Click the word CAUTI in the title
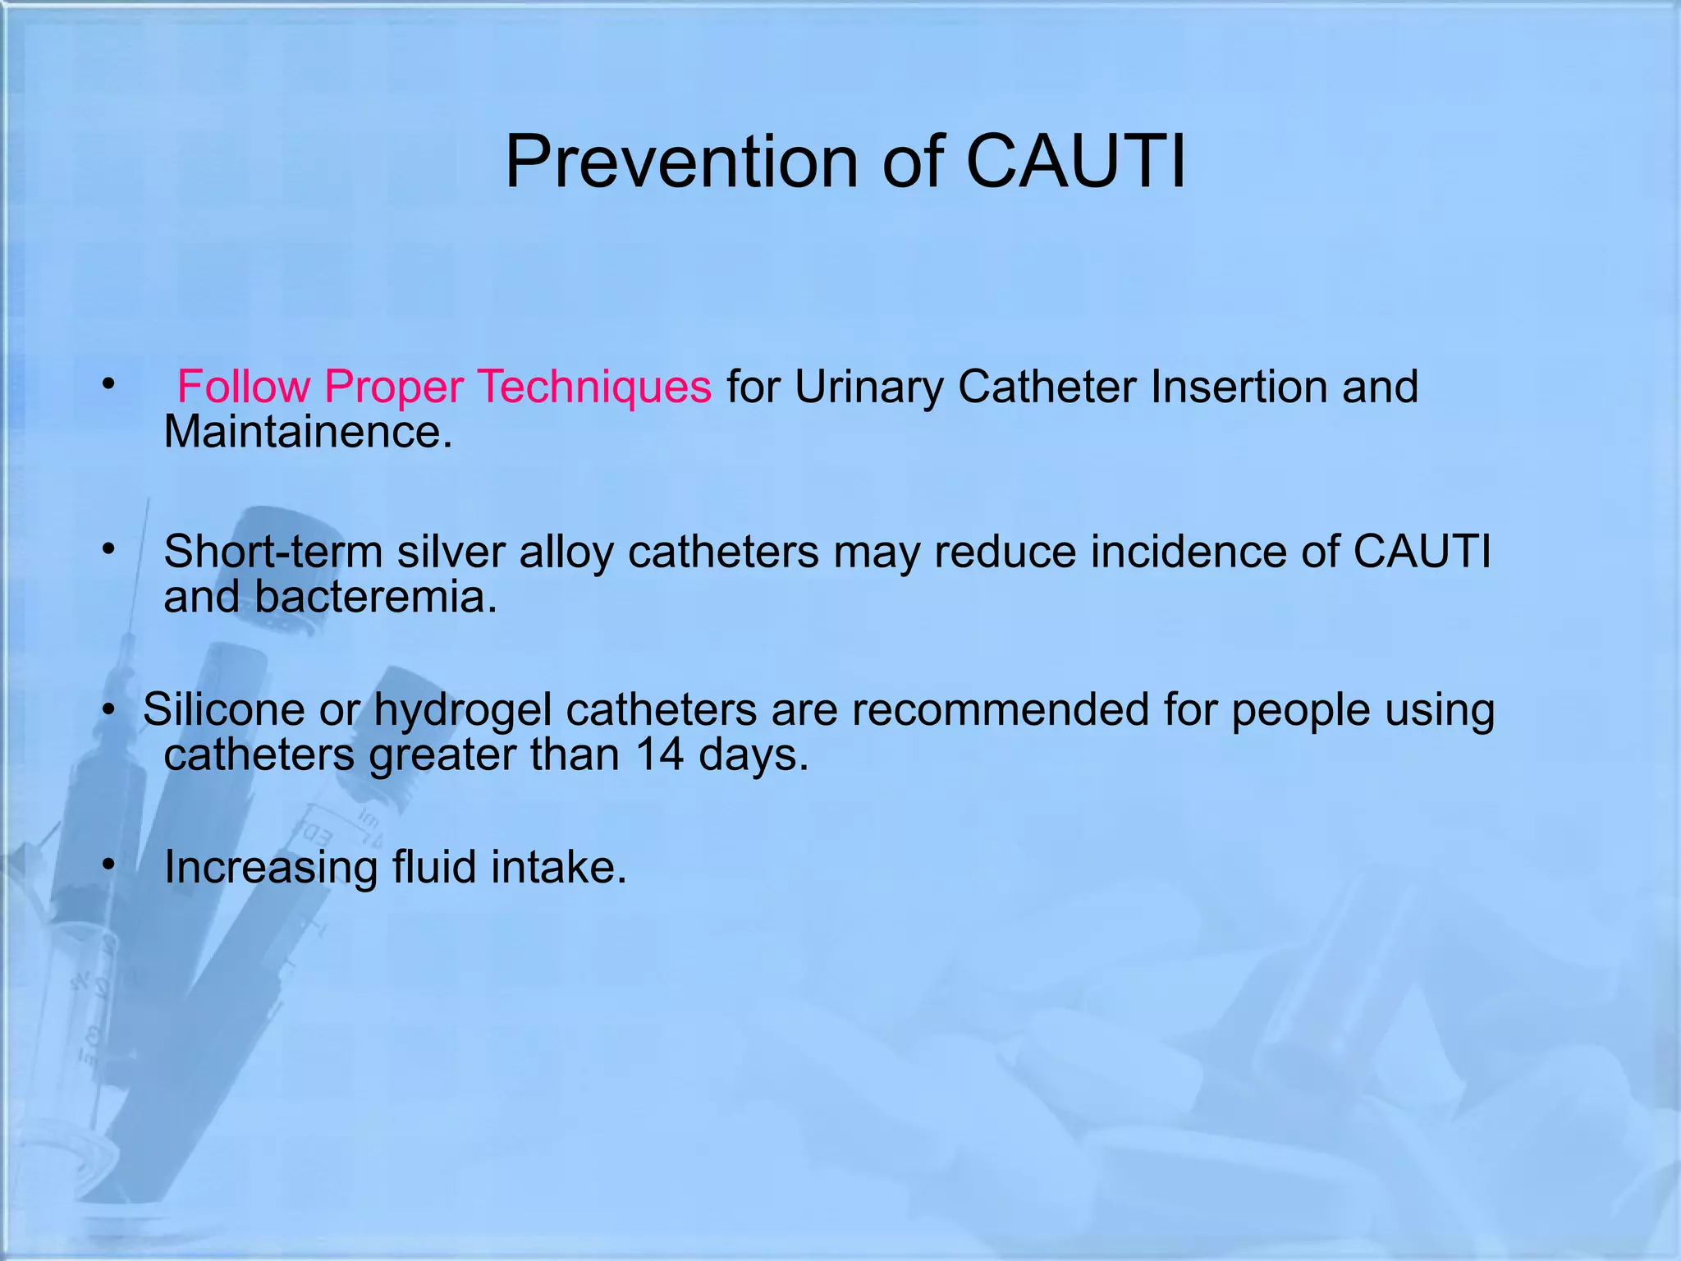(1076, 162)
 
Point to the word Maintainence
(308, 432)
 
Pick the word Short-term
(273, 551)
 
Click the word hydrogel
(463, 710)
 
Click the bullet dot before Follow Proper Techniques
(108, 383)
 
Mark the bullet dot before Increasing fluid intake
(108, 864)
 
